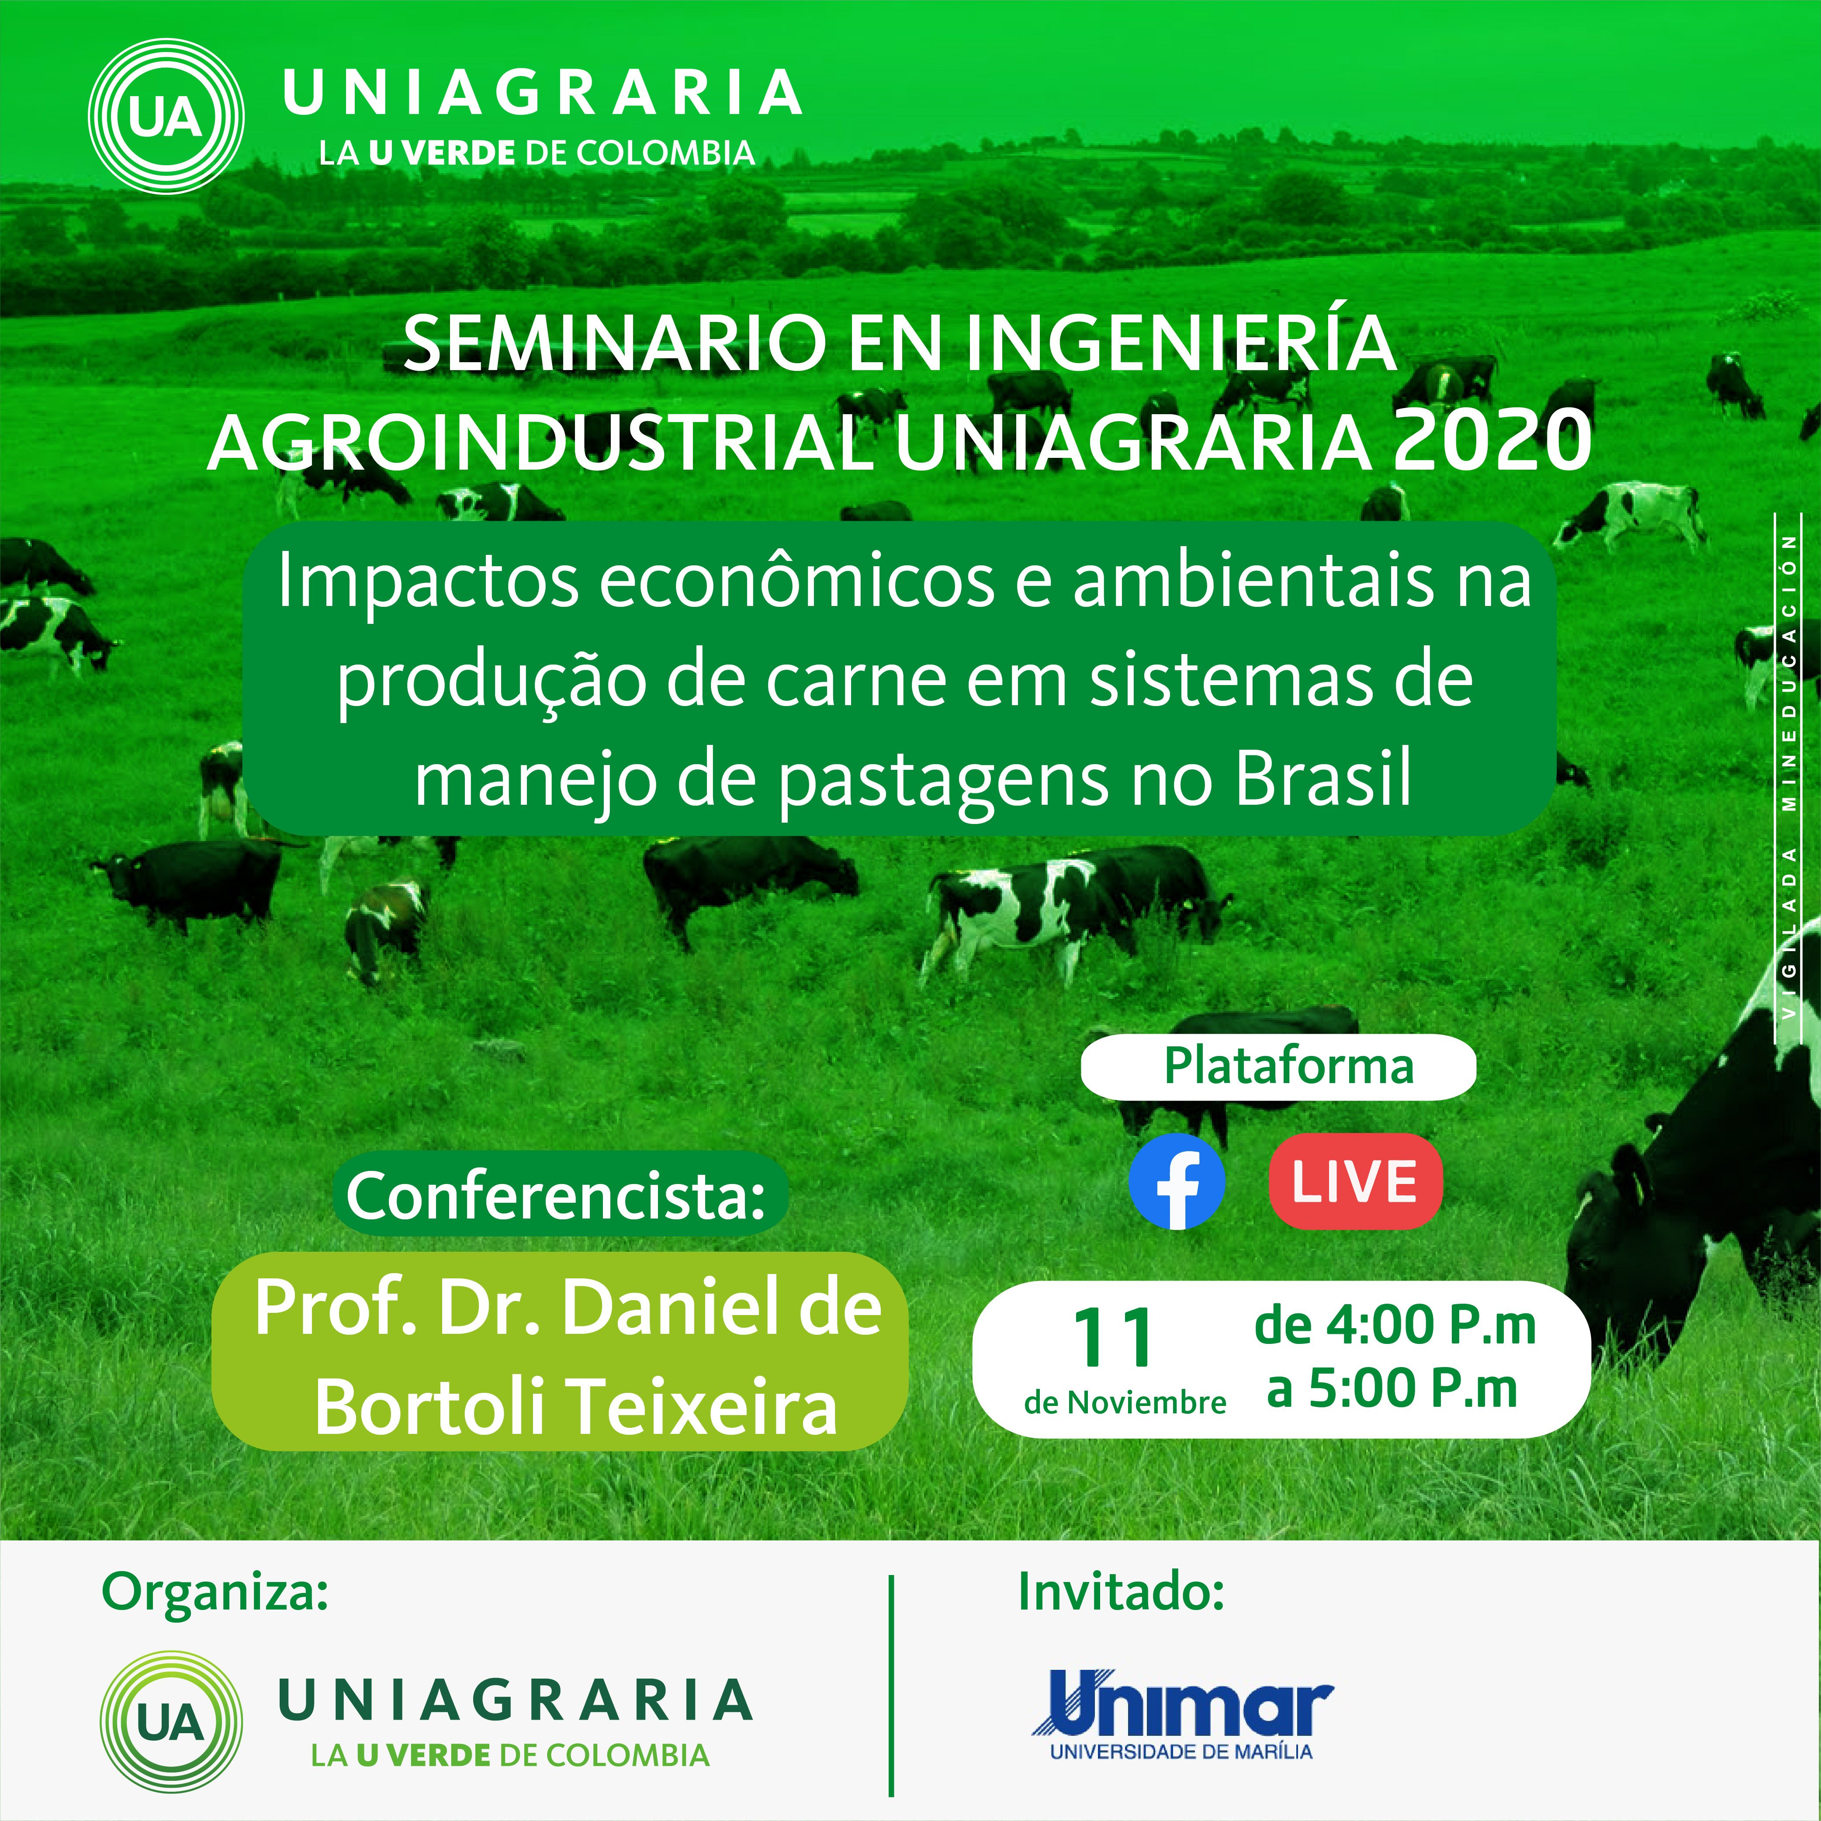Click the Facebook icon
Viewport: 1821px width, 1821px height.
point(1176,1181)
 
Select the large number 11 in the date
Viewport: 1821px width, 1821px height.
point(1113,1337)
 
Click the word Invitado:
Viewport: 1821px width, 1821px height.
point(1121,1592)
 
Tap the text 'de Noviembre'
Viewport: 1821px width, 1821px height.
point(1125,1402)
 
